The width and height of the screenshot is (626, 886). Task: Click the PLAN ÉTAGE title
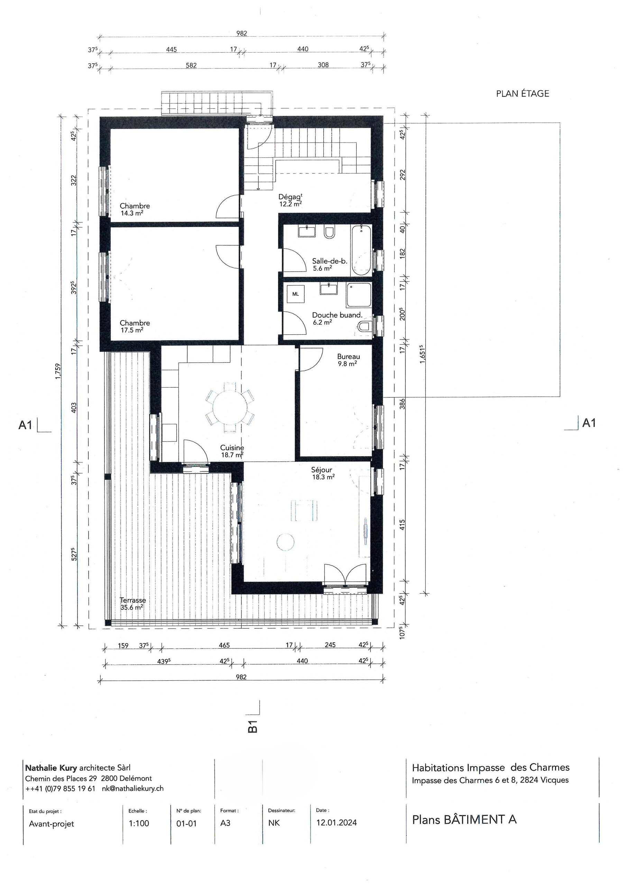pos(522,94)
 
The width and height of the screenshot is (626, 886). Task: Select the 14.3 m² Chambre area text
pos(131,213)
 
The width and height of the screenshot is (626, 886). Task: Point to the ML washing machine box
pos(295,294)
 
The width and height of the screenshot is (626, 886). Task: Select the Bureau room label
pos(348,356)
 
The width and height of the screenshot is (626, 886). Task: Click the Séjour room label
pos(322,470)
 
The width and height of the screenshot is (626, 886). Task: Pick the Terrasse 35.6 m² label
pos(132,604)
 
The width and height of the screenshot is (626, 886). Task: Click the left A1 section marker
pos(26,425)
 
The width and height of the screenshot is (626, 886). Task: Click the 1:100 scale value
pos(139,823)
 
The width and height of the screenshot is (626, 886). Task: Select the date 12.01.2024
pos(336,822)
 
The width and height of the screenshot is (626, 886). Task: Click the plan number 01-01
pos(186,823)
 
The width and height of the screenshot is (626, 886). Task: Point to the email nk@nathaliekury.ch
pos(133,789)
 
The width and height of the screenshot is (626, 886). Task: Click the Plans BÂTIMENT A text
pos(464,820)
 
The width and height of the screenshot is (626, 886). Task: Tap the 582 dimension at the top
pos(191,66)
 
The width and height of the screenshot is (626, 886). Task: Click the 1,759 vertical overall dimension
pos(58,371)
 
